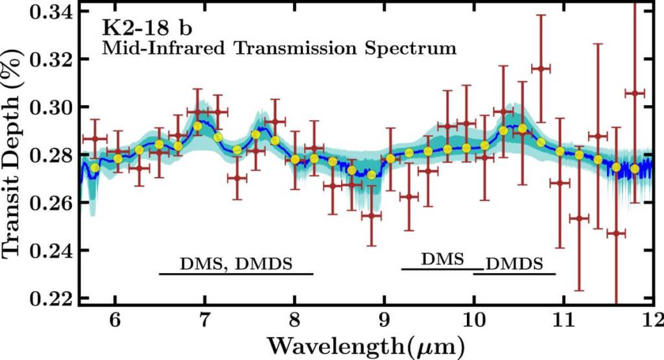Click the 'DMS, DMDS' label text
[236, 264]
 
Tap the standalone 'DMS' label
[442, 259]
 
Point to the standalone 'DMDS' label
[514, 264]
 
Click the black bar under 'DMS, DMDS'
[236, 274]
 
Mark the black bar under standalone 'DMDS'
[514, 274]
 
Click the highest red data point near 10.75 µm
[540, 68]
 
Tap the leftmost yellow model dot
[95, 168]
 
